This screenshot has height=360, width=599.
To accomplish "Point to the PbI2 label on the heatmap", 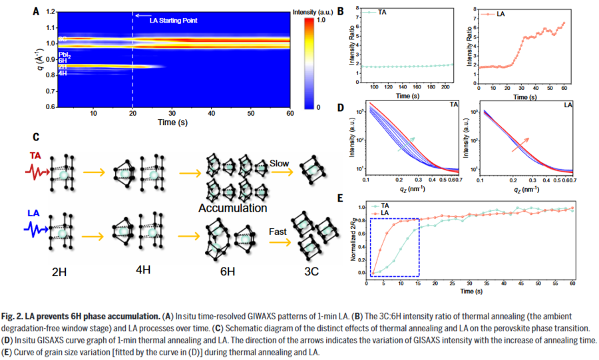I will click(65, 55).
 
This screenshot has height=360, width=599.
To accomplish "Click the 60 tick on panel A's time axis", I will click(290, 114).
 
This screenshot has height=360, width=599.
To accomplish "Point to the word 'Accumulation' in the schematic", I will click(232, 208).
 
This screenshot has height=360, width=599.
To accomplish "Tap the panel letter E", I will click(341, 198).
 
